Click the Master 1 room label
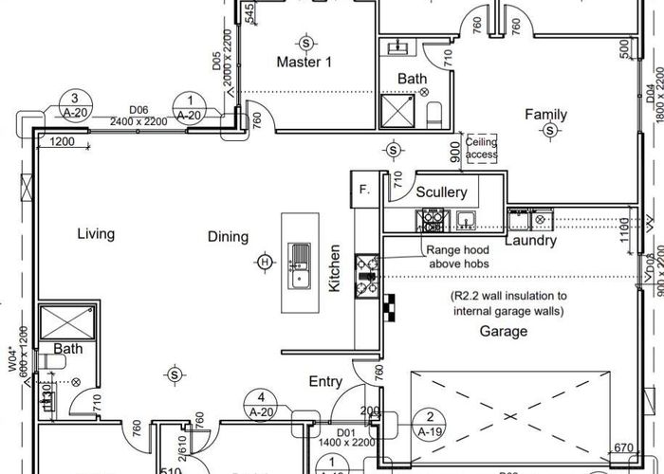(x=304, y=62)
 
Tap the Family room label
(x=546, y=115)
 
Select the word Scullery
(x=442, y=192)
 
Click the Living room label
(x=96, y=233)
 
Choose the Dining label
(x=228, y=237)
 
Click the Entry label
(x=325, y=381)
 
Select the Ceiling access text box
(x=482, y=149)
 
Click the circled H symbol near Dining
(x=265, y=262)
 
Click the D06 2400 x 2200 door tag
(x=138, y=116)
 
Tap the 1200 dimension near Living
(x=63, y=141)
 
